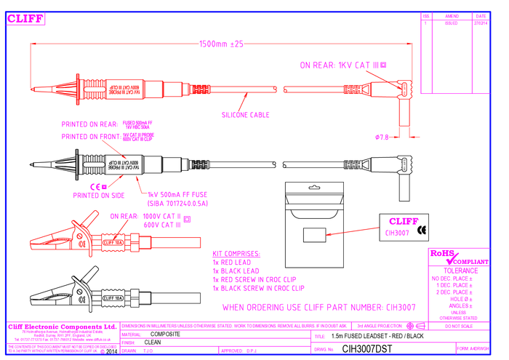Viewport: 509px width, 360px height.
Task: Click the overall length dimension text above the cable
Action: click(221, 44)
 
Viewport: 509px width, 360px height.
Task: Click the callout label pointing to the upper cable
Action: click(246, 114)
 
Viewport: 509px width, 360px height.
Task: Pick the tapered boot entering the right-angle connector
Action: click(358, 89)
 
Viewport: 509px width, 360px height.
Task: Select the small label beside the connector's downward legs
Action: click(382, 136)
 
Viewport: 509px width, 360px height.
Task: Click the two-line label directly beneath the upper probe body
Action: click(108, 129)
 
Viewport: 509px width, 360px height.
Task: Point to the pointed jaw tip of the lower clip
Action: click(32, 242)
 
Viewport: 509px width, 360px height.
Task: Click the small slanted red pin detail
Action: click(353, 232)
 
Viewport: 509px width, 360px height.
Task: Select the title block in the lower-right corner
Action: click(457, 284)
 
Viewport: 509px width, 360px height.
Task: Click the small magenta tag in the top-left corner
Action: click(26, 20)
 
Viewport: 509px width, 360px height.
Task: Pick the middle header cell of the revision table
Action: click(451, 20)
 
